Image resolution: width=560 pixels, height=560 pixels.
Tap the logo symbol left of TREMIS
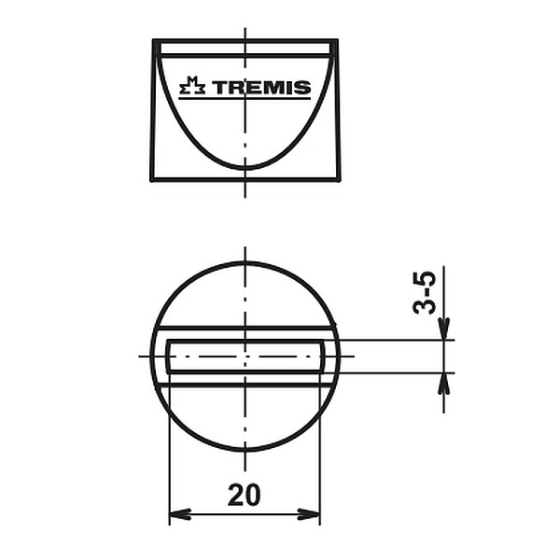click(192, 88)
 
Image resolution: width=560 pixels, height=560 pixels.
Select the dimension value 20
click(245, 496)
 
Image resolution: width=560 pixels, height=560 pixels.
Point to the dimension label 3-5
click(426, 292)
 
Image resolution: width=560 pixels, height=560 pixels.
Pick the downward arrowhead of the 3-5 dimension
click(443, 329)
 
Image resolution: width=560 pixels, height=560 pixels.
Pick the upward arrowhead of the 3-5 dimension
click(443, 384)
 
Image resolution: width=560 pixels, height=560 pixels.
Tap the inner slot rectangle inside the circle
click(245, 357)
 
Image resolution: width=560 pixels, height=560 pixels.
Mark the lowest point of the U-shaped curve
click(245, 168)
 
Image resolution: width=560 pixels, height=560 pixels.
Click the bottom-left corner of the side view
click(151, 179)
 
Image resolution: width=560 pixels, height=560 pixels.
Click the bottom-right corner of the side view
click(340, 179)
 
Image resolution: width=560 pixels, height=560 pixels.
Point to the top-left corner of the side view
click(154, 41)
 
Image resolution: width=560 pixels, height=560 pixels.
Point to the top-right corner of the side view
click(336, 41)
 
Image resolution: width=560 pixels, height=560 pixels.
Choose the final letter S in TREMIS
click(303, 89)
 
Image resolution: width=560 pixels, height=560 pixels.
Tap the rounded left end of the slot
click(168, 357)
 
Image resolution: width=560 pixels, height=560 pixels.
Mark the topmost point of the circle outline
click(245, 263)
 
